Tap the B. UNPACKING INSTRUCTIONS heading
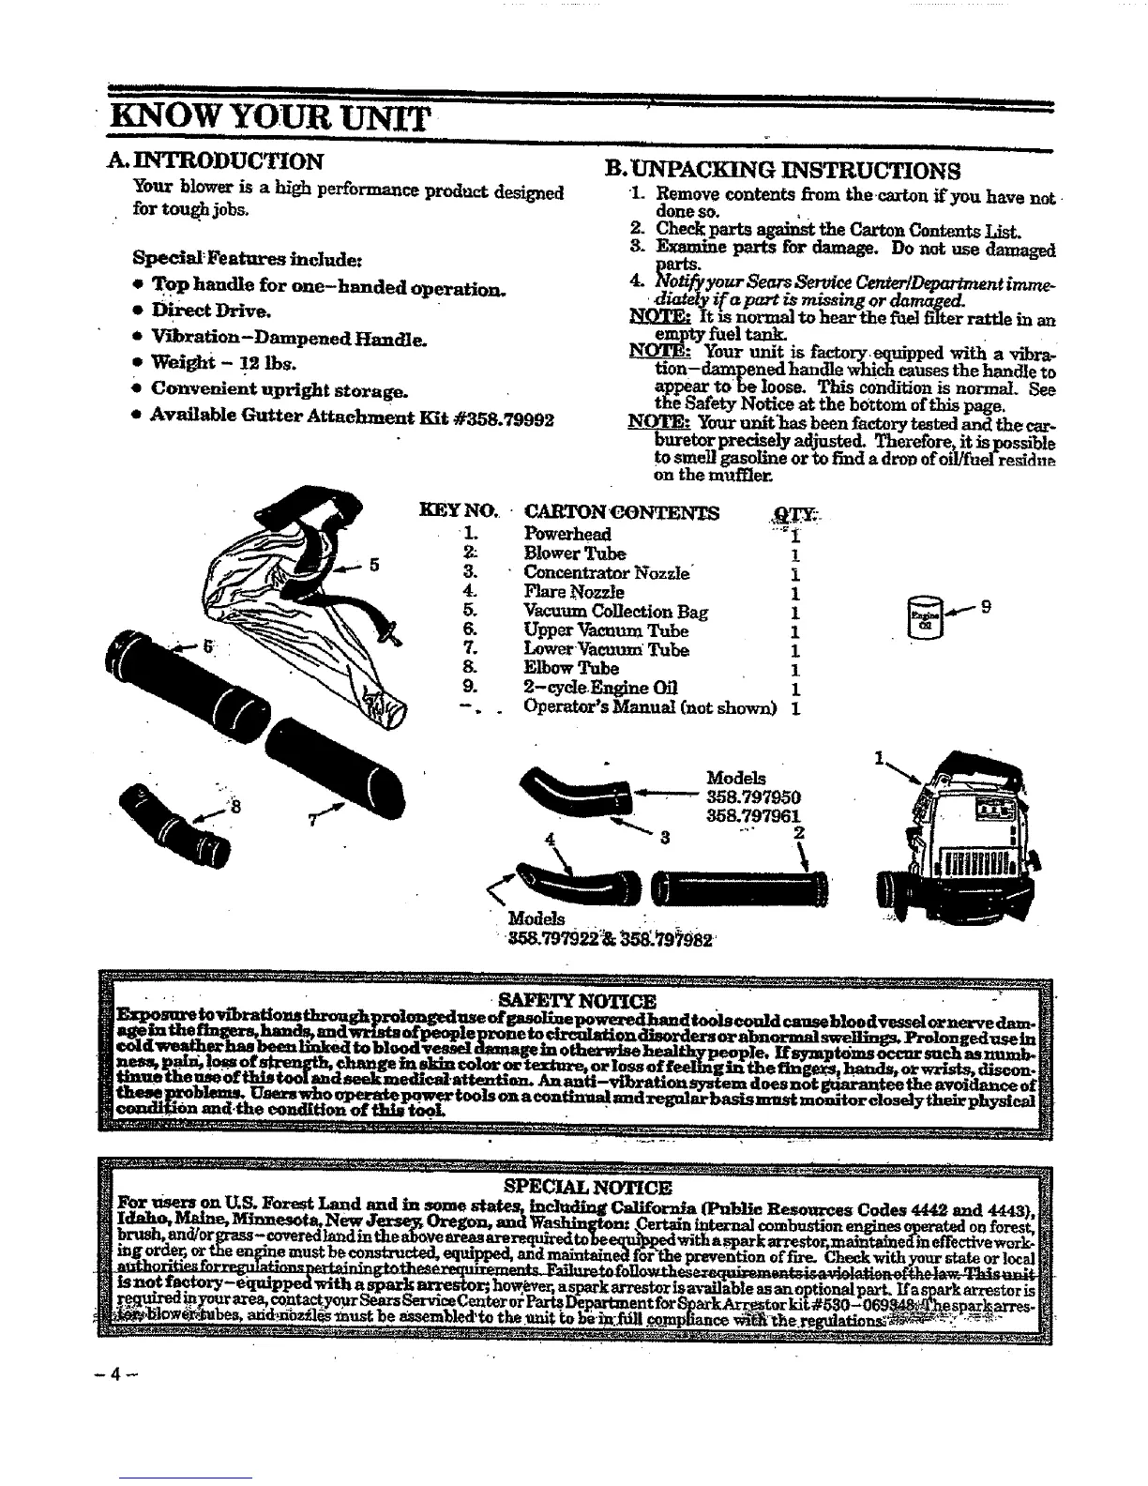pos(782,170)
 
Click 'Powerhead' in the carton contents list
pos(567,534)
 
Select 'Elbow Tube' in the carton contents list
pos(571,669)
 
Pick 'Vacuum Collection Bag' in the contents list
pos(616,612)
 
